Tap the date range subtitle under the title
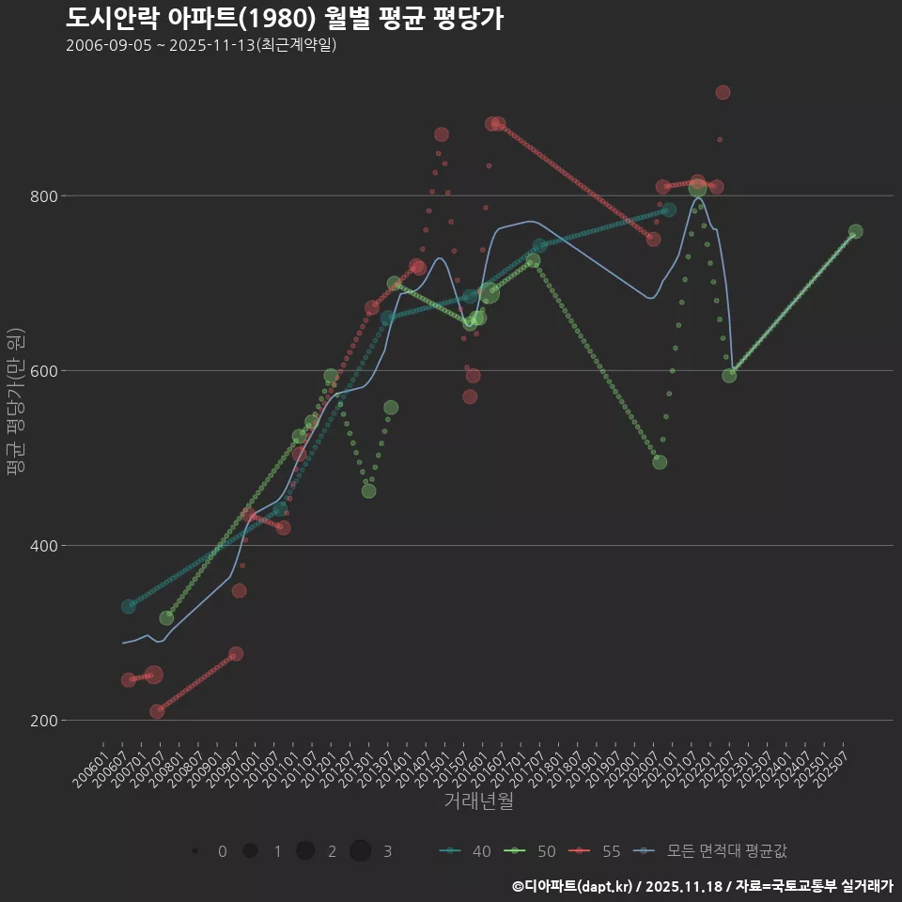[x=201, y=45]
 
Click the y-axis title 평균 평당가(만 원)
[x=15, y=404]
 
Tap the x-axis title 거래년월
[x=478, y=801]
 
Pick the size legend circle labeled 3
[x=361, y=851]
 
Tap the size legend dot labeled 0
[x=194, y=851]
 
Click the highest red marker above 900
[x=723, y=92]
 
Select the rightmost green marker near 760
[x=855, y=232]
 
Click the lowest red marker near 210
[x=157, y=711]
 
